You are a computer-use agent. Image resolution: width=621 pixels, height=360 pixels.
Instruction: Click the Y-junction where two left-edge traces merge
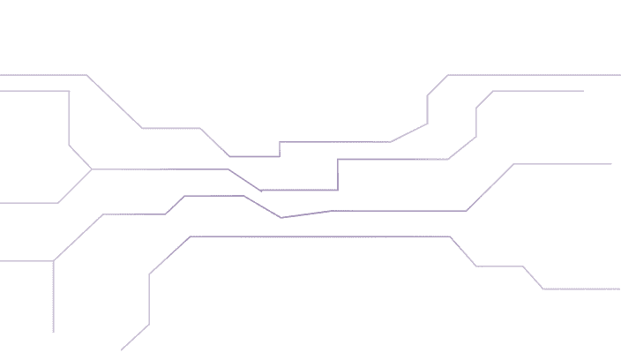pos(92,169)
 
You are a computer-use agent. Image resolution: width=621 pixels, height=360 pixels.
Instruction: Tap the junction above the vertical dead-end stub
pos(54,261)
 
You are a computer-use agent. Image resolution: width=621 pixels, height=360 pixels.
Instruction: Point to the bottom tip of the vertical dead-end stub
pos(54,332)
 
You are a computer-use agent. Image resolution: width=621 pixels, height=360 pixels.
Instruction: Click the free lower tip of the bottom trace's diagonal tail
pos(122,350)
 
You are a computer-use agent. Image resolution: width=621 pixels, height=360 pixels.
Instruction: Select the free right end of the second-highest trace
pos(583,91)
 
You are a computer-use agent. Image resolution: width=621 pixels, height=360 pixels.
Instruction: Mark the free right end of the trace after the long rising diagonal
pos(610,164)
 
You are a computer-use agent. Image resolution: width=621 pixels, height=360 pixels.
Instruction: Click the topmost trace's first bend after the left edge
pos(86,76)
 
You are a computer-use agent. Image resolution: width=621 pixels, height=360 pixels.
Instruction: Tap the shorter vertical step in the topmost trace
pos(280,149)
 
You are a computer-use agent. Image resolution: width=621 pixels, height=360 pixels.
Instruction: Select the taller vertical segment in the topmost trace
pos(428,109)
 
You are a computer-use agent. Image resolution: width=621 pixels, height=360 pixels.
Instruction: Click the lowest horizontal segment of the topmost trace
pos(254,157)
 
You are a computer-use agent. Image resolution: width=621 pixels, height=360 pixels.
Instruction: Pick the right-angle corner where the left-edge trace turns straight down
pos(69,91)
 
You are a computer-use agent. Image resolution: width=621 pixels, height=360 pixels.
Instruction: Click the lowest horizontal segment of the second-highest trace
pos(298,190)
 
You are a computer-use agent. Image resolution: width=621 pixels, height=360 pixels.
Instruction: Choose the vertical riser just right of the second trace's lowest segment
pos(338,175)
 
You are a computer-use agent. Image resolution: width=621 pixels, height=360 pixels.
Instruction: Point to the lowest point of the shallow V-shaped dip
pos(281,217)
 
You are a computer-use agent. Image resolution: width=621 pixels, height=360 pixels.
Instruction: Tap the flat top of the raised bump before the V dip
pos(213,196)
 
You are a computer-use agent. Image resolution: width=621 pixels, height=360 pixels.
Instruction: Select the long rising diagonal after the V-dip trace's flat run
pos(490,187)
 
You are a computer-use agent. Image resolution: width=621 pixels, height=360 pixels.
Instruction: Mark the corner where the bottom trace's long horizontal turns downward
pos(450,236)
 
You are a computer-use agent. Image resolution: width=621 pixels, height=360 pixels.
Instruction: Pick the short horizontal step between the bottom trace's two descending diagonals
pos(499,266)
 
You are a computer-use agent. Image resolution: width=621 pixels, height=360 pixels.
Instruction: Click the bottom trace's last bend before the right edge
pos(543,289)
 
